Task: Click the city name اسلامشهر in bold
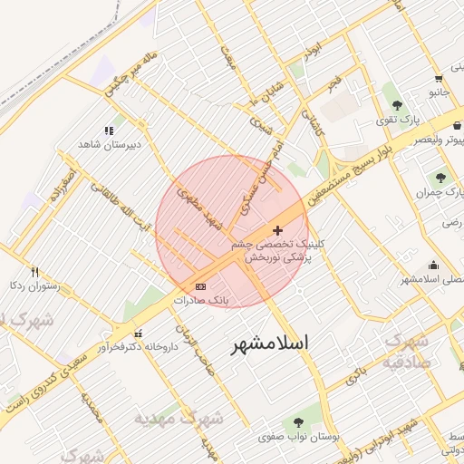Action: [270, 343]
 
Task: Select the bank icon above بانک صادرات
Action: [200, 286]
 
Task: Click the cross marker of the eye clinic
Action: [277, 231]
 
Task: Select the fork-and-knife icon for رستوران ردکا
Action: [34, 271]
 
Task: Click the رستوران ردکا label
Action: [34, 285]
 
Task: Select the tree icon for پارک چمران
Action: [441, 178]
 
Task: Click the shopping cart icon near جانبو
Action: [439, 79]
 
